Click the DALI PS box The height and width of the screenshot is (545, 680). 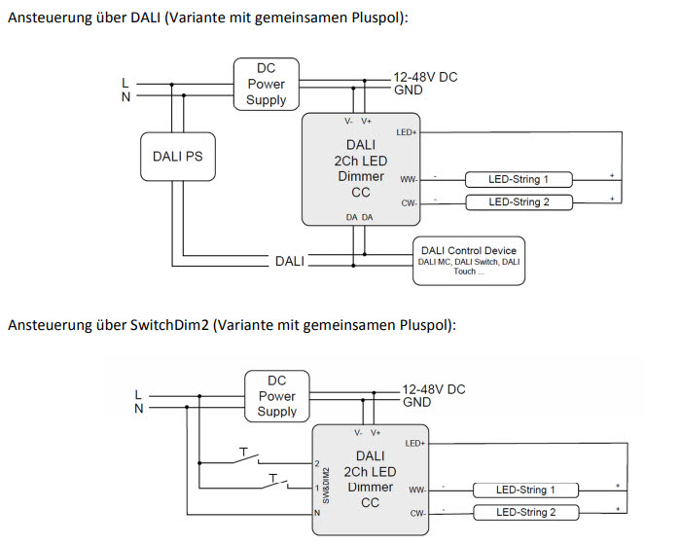click(178, 156)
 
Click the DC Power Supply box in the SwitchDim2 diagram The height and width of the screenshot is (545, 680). click(276, 396)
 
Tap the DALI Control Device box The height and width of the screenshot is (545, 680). click(469, 261)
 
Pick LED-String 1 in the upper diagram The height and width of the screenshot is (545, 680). click(519, 180)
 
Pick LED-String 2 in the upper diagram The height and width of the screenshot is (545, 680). click(519, 202)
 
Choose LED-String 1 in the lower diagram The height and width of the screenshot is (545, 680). click(525, 490)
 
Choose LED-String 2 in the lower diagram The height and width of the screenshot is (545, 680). click(525, 512)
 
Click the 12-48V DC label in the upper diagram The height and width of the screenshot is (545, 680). click(425, 77)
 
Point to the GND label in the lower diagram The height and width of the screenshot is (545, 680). click(416, 402)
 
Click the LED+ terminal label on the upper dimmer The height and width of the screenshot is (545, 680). click(406, 131)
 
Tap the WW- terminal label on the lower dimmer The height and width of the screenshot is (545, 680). click(416, 490)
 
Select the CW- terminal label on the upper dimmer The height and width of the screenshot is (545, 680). click(408, 202)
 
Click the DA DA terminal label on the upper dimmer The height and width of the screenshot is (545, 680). click(359, 217)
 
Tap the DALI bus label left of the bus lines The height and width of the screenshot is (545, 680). click(289, 261)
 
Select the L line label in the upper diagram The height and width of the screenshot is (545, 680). click(124, 82)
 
